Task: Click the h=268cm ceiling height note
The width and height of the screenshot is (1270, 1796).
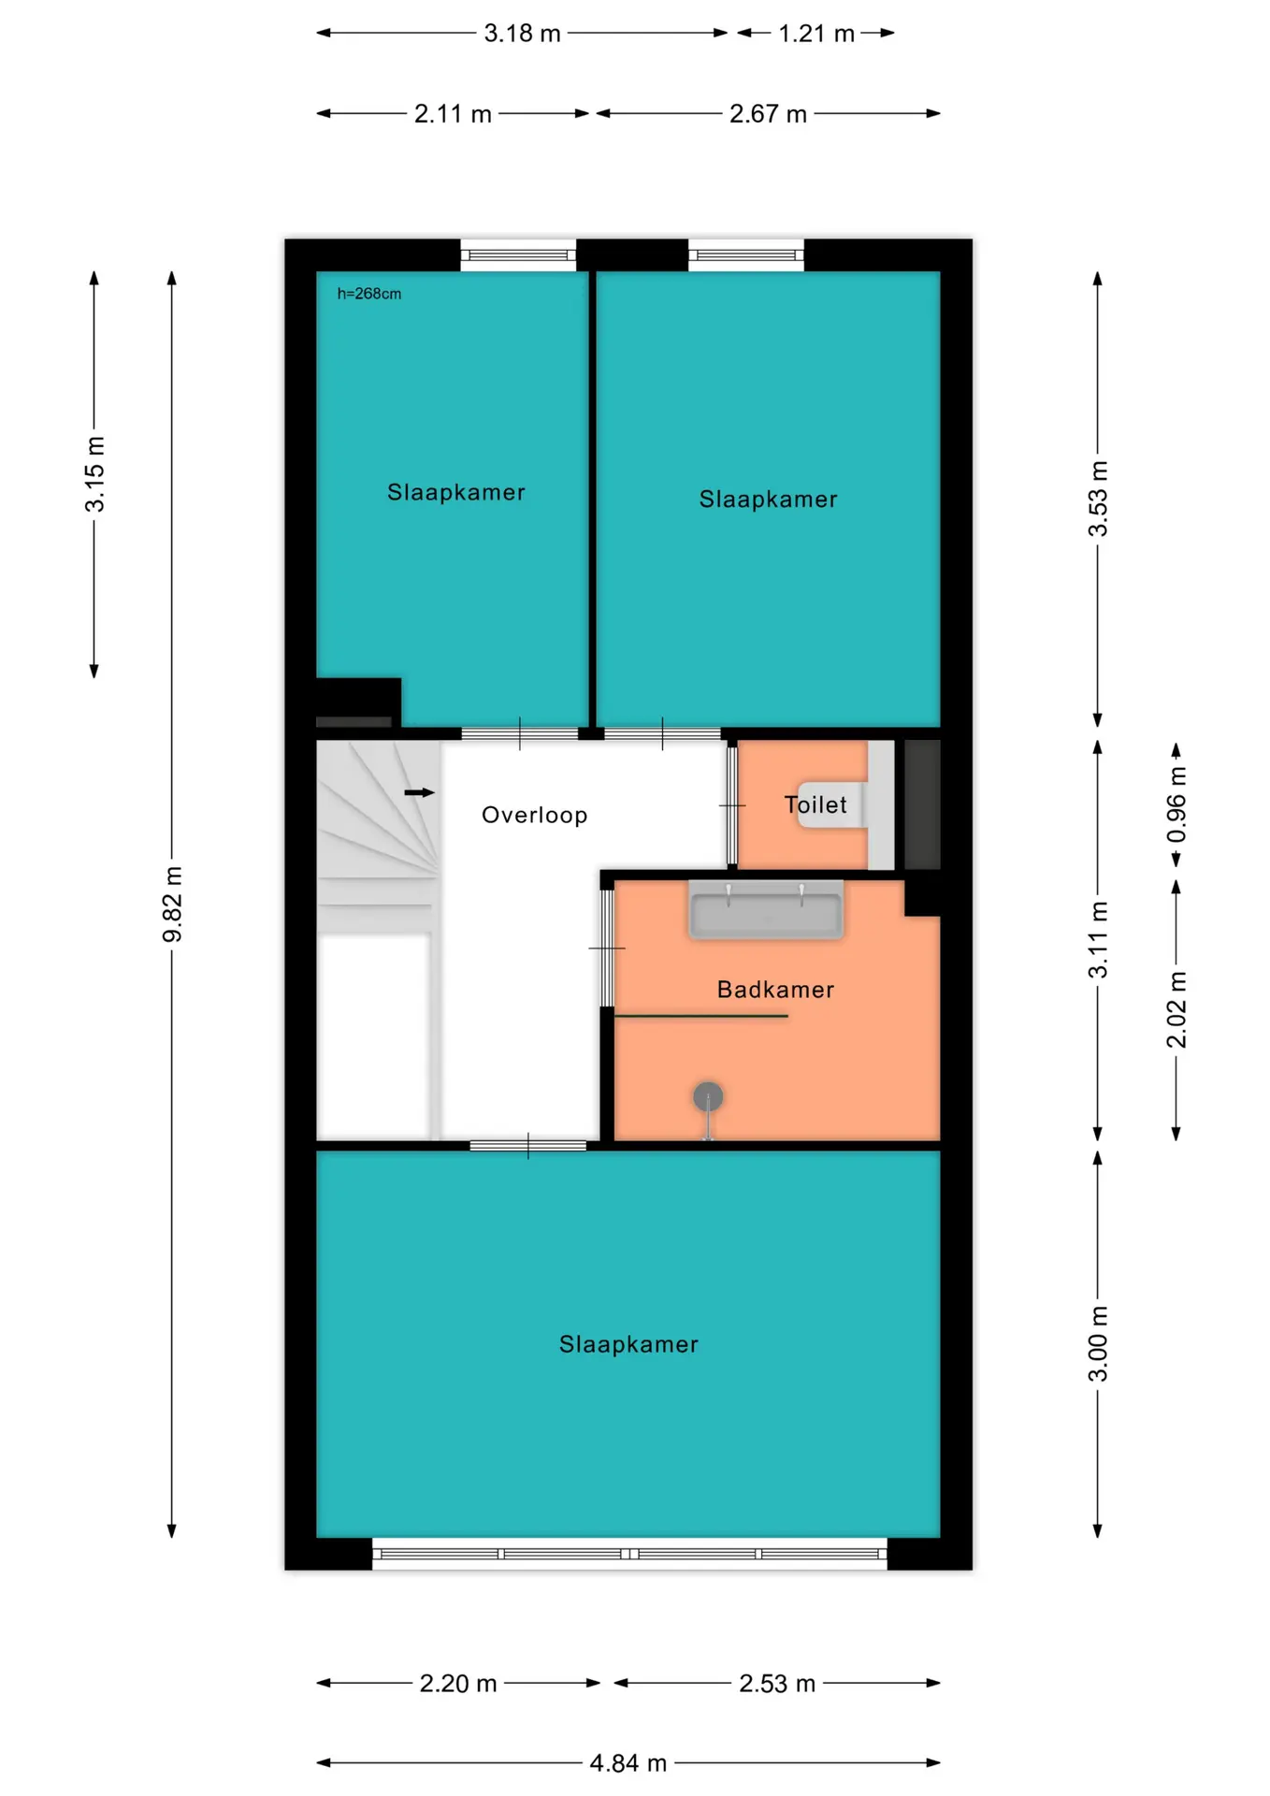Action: [369, 294]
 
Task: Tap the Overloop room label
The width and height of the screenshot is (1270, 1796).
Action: [535, 815]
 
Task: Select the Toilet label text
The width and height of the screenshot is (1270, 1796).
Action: [815, 804]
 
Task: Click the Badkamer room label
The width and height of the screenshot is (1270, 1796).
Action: [775, 990]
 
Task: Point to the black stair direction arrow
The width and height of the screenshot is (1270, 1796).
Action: [419, 792]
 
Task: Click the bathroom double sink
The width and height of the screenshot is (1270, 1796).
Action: [766, 909]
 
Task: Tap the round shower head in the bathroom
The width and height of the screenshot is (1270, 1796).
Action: [708, 1096]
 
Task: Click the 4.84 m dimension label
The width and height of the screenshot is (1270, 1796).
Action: [628, 1763]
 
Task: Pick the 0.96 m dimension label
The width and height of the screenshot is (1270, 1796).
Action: [1176, 804]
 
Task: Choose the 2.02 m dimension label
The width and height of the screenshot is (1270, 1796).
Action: [1176, 1009]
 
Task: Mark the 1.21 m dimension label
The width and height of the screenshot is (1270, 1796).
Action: [816, 34]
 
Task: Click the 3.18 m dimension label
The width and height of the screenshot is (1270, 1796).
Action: [522, 34]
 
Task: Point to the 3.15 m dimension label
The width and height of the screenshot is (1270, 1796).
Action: [94, 474]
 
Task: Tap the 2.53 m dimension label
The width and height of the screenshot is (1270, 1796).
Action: [777, 1684]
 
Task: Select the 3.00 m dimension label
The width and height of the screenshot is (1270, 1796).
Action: [1098, 1344]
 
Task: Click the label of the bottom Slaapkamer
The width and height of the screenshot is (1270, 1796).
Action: [628, 1344]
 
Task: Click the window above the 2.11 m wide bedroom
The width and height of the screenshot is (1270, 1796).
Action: [518, 254]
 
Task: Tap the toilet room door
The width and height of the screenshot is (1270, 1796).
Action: [732, 804]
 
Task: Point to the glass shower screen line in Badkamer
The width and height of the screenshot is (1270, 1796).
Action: [700, 1016]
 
